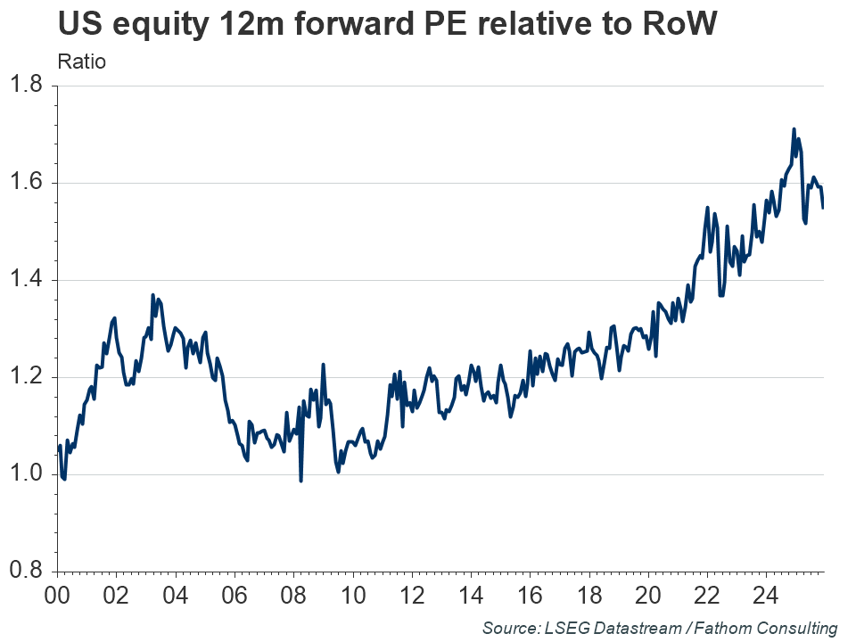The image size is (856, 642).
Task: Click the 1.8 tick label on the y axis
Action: [x=26, y=86]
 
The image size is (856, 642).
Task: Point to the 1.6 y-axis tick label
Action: [x=26, y=183]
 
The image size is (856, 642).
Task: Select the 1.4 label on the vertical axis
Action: [x=26, y=280]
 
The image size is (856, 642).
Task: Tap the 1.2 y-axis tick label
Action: [x=26, y=377]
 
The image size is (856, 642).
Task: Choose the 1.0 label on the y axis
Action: [x=26, y=473]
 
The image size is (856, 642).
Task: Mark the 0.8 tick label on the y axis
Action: [x=26, y=571]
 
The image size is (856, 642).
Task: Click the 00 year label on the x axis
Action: [x=58, y=593]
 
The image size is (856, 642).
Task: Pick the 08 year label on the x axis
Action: [x=294, y=593]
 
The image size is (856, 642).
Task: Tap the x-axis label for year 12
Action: [x=412, y=593]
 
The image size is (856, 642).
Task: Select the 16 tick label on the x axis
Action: [x=530, y=593]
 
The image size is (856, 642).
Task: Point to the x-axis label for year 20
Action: [x=647, y=593]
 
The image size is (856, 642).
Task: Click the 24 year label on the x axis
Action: [x=765, y=593]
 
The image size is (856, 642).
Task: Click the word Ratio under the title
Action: [x=81, y=62]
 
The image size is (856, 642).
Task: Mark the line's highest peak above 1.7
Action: [x=794, y=129]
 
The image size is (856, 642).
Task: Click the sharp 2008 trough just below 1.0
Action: [x=300, y=481]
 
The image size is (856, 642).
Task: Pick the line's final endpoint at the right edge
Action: [x=823, y=208]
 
